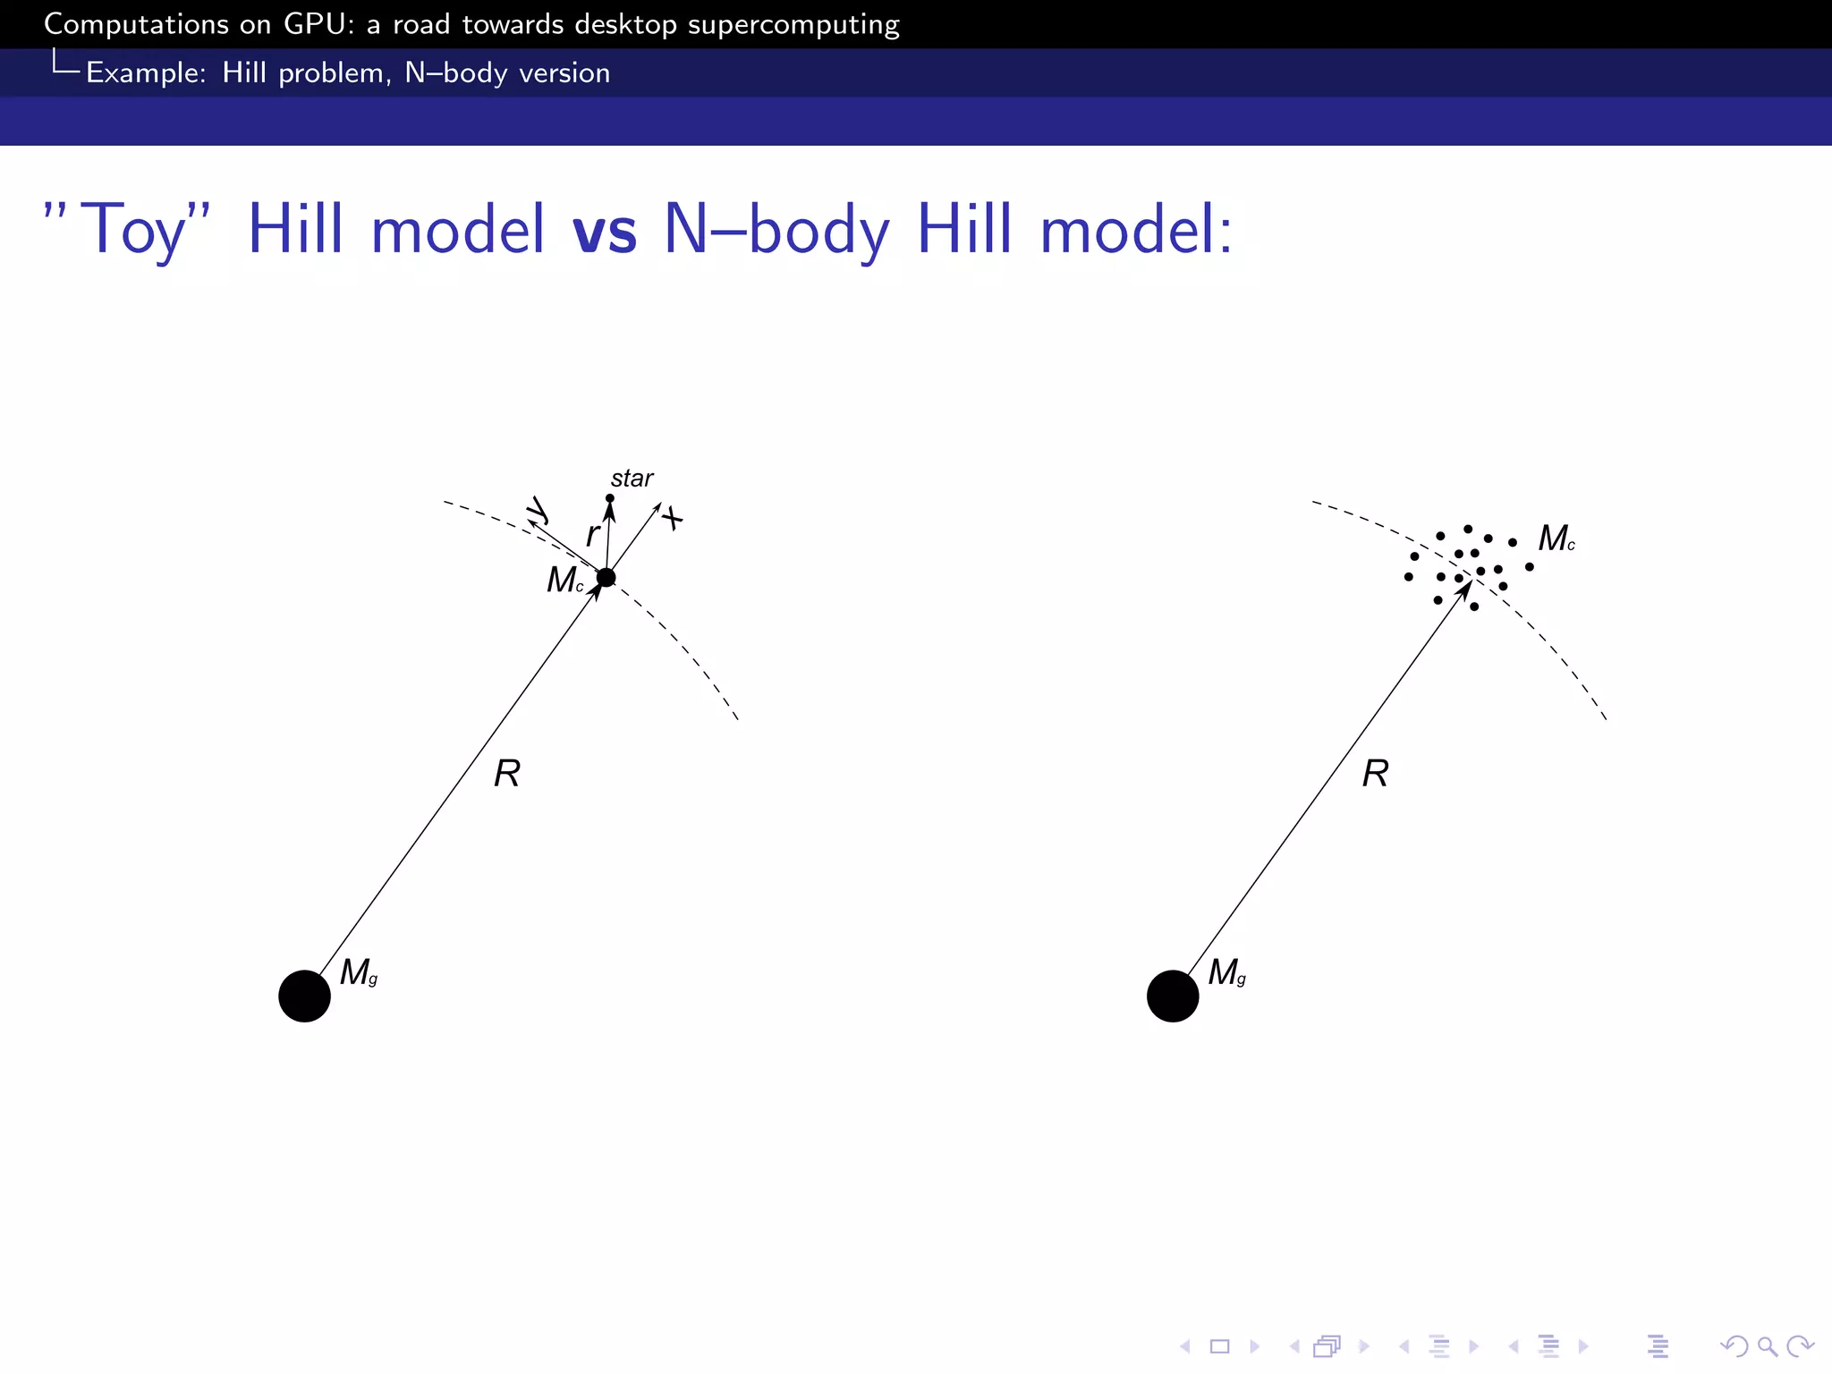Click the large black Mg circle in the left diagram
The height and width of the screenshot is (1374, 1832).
pyautogui.click(x=304, y=996)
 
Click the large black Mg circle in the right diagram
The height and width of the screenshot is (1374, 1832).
pyautogui.click(x=1173, y=996)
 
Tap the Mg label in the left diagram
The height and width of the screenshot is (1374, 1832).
pyautogui.click(x=358, y=972)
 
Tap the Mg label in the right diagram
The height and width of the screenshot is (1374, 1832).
pyautogui.click(x=1226, y=972)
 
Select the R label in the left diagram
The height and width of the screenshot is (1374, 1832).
pyautogui.click(x=507, y=773)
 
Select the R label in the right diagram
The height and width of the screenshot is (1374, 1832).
pyautogui.click(x=1375, y=773)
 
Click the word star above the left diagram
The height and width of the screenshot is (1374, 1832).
pyautogui.click(x=632, y=479)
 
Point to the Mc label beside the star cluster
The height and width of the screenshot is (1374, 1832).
pyautogui.click(x=1556, y=539)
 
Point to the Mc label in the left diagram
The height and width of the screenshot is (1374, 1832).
pyautogui.click(x=565, y=581)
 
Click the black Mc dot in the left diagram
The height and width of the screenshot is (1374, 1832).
pyautogui.click(x=606, y=578)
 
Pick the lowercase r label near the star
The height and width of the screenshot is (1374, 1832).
pyautogui.click(x=591, y=535)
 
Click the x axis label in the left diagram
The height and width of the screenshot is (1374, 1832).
pyautogui.click(x=673, y=518)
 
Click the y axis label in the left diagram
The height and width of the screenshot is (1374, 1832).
pyautogui.click(x=538, y=510)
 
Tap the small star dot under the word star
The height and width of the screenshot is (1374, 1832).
pyautogui.click(x=610, y=498)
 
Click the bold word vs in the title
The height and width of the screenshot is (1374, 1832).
pyautogui.click(x=604, y=230)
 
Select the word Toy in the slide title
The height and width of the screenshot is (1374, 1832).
pyautogui.click(x=134, y=230)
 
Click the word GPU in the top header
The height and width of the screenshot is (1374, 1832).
pyautogui.click(x=310, y=24)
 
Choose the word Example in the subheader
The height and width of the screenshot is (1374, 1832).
pyautogui.click(x=146, y=72)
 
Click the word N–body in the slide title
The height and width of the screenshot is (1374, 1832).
pyautogui.click(x=776, y=230)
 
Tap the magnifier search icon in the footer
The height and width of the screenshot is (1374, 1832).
pyautogui.click(x=1767, y=1346)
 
